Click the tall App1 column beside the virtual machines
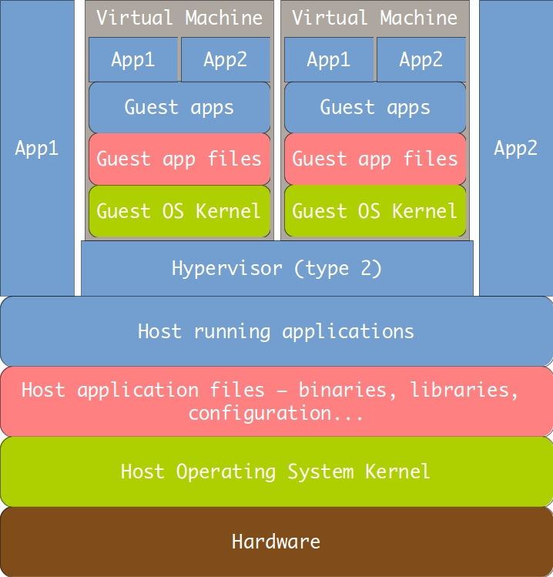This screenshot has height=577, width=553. (37, 148)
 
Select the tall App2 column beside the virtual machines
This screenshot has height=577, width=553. (516, 148)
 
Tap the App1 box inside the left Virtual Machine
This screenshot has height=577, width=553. (133, 59)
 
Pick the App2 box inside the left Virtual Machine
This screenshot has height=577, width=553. (226, 59)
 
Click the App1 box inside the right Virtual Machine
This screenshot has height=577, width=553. (329, 59)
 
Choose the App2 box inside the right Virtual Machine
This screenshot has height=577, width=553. (421, 59)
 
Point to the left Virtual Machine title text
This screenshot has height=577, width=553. (179, 18)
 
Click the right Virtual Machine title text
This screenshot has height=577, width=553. (375, 18)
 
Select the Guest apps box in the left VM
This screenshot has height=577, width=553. (179, 107)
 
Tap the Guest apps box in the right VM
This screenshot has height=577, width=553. (375, 107)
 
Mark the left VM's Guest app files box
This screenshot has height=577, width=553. (179, 159)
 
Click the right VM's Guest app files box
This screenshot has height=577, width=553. (375, 159)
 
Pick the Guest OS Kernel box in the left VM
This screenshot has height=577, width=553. (179, 211)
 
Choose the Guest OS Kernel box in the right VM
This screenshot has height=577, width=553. (375, 211)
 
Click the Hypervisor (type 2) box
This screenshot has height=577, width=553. (277, 268)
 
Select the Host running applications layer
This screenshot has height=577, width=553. (276, 331)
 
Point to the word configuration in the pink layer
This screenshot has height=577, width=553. (260, 414)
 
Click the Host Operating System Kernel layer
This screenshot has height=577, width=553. (276, 471)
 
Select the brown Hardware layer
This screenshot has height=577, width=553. (276, 542)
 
